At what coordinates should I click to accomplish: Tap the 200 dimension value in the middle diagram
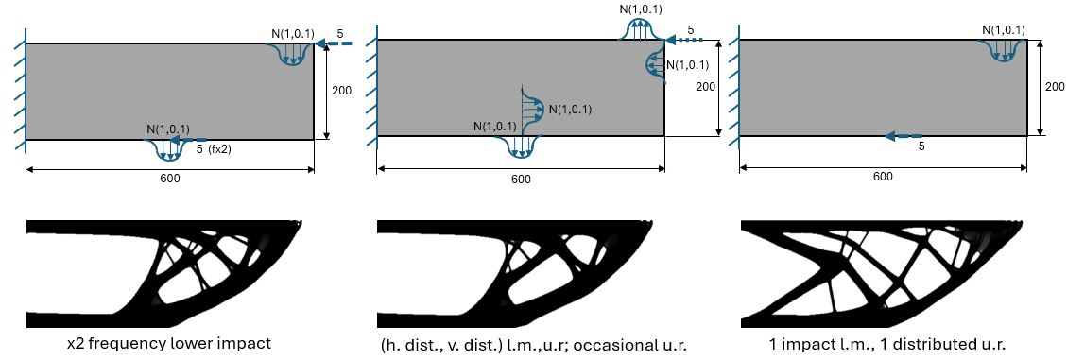705,86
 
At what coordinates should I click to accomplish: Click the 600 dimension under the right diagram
882,177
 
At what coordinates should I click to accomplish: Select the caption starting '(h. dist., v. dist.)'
521,344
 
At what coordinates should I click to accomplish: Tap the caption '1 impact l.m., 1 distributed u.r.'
882,344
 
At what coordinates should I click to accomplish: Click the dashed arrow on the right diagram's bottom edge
904,136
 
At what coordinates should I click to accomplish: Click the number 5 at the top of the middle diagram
691,31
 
